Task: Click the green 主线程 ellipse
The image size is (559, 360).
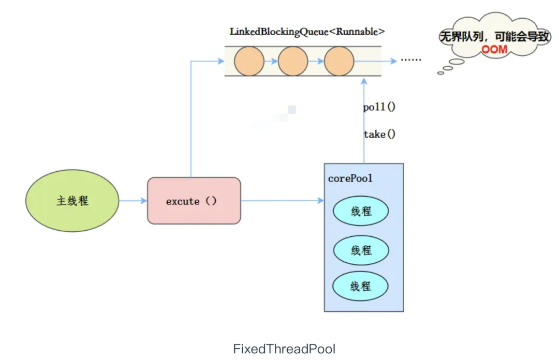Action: tap(72, 201)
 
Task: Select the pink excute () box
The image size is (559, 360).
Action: tap(194, 201)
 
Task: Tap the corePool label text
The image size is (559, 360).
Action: tap(350, 178)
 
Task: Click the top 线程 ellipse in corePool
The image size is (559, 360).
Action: tap(361, 211)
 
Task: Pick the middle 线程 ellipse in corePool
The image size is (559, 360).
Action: tap(361, 250)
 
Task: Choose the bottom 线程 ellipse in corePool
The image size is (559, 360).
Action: tap(360, 286)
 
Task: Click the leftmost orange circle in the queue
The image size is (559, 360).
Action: tap(249, 61)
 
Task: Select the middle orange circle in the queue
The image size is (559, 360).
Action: tap(293, 61)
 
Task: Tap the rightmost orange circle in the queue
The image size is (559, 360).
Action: tap(339, 61)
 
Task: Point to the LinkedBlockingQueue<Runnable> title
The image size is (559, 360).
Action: tap(307, 32)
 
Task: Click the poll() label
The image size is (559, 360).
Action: tap(379, 107)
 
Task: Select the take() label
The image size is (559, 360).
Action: tap(379, 134)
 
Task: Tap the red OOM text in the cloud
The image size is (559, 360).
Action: tap(494, 49)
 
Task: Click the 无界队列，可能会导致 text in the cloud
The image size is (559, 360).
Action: tap(495, 36)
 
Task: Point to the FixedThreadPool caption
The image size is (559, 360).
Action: tap(284, 349)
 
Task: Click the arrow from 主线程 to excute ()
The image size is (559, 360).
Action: tap(133, 201)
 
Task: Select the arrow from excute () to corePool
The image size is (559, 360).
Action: tap(283, 201)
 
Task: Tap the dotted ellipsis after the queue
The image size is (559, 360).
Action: tap(411, 59)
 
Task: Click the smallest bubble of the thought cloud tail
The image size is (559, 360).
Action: tap(440, 73)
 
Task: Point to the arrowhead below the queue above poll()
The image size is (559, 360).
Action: tap(364, 81)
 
